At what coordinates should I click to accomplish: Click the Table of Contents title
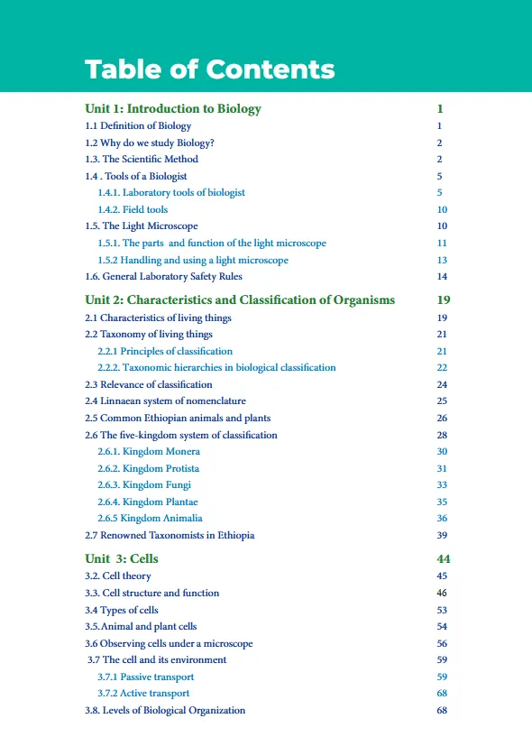pyautogui.click(x=209, y=69)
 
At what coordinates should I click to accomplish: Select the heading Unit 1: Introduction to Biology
pyautogui.click(x=172, y=109)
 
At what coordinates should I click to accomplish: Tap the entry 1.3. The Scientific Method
pyautogui.click(x=142, y=159)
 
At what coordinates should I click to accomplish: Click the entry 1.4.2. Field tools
pyautogui.click(x=133, y=209)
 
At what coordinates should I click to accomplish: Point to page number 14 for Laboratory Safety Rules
pyautogui.click(x=441, y=276)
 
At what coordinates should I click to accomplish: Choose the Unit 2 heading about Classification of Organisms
pyautogui.click(x=240, y=299)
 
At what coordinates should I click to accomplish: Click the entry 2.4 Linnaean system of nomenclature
pyautogui.click(x=165, y=401)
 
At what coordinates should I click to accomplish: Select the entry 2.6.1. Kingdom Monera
pyautogui.click(x=149, y=451)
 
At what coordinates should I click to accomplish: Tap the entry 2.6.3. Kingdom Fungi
pyautogui.click(x=145, y=484)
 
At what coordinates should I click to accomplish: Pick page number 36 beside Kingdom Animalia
pyautogui.click(x=441, y=518)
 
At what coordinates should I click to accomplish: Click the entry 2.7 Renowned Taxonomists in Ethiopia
pyautogui.click(x=170, y=535)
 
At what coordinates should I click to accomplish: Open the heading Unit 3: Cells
pyautogui.click(x=122, y=558)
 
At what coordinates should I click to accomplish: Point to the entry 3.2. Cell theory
pyautogui.click(x=118, y=576)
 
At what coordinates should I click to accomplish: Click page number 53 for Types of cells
pyautogui.click(x=441, y=610)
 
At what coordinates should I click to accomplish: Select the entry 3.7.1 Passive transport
pyautogui.click(x=145, y=677)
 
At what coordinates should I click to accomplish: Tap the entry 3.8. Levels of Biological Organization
pyautogui.click(x=165, y=710)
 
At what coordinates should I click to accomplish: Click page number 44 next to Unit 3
pyautogui.click(x=442, y=558)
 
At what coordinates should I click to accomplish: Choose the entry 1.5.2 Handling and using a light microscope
pyautogui.click(x=193, y=260)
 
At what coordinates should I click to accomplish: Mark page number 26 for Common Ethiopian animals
pyautogui.click(x=441, y=418)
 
